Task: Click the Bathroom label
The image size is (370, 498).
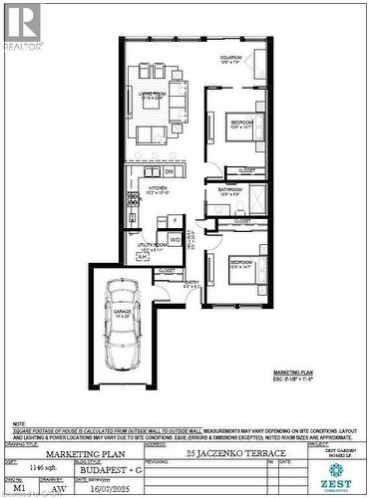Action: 230,191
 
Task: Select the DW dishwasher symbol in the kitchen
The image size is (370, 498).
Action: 171,171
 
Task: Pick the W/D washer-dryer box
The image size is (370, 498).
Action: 174,239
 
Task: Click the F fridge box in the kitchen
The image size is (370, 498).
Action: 174,220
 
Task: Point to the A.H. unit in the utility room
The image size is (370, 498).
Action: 141,256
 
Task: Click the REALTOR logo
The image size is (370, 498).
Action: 22,25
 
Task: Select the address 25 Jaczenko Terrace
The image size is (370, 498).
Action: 215,453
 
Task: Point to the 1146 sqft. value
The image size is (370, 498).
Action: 39,466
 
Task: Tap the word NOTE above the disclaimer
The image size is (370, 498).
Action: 19,423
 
